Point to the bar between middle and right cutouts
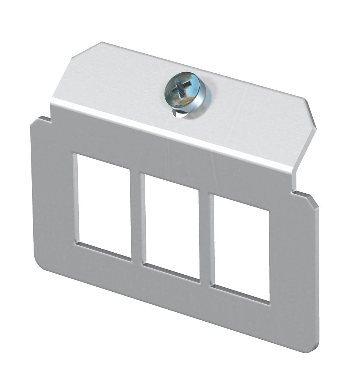click(205, 237)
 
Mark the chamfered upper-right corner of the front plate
click(314, 202)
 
